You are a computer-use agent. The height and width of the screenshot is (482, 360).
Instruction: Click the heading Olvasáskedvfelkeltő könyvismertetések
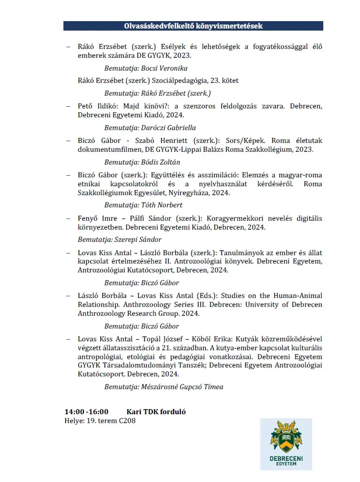193,26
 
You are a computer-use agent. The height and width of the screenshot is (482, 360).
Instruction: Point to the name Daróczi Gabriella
170,127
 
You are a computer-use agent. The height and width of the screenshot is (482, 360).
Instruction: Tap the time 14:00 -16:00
86,412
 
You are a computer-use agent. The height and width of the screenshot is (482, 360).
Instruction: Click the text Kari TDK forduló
156,412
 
